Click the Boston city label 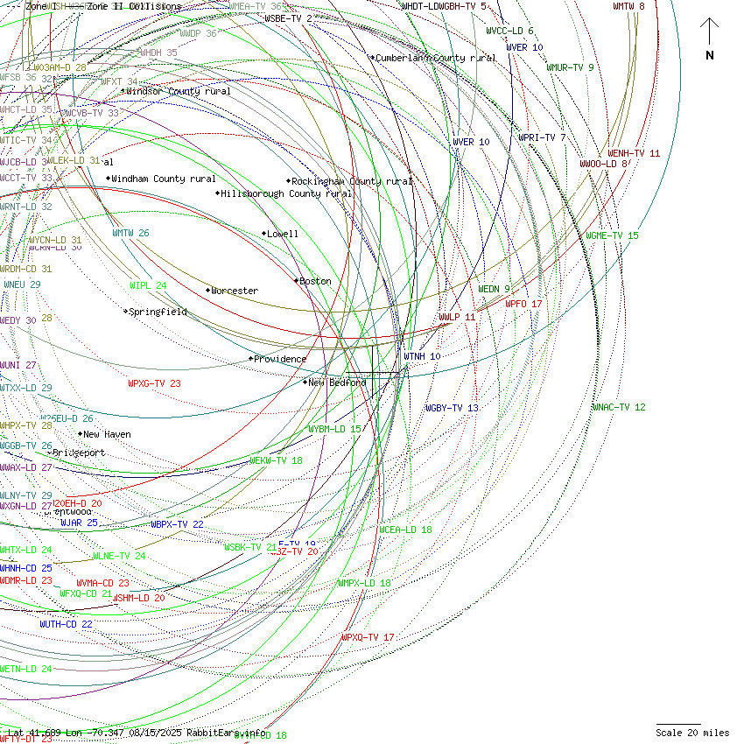(x=315, y=281)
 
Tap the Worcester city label (x=234, y=291)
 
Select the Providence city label (x=279, y=359)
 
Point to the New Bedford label (x=336, y=383)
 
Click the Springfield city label (x=158, y=312)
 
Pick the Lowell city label (x=282, y=234)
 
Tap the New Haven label (x=106, y=434)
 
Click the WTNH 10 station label (x=422, y=356)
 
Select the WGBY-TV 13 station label (x=452, y=408)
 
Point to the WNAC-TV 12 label (x=619, y=407)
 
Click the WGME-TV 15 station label (x=613, y=235)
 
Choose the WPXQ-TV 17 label (x=368, y=637)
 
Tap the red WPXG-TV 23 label (x=154, y=383)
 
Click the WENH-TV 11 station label (x=634, y=153)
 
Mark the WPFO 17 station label (x=523, y=304)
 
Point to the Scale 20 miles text (x=692, y=733)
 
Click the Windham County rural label (x=163, y=179)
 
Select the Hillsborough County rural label (x=286, y=193)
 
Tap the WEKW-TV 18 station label (x=276, y=460)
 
